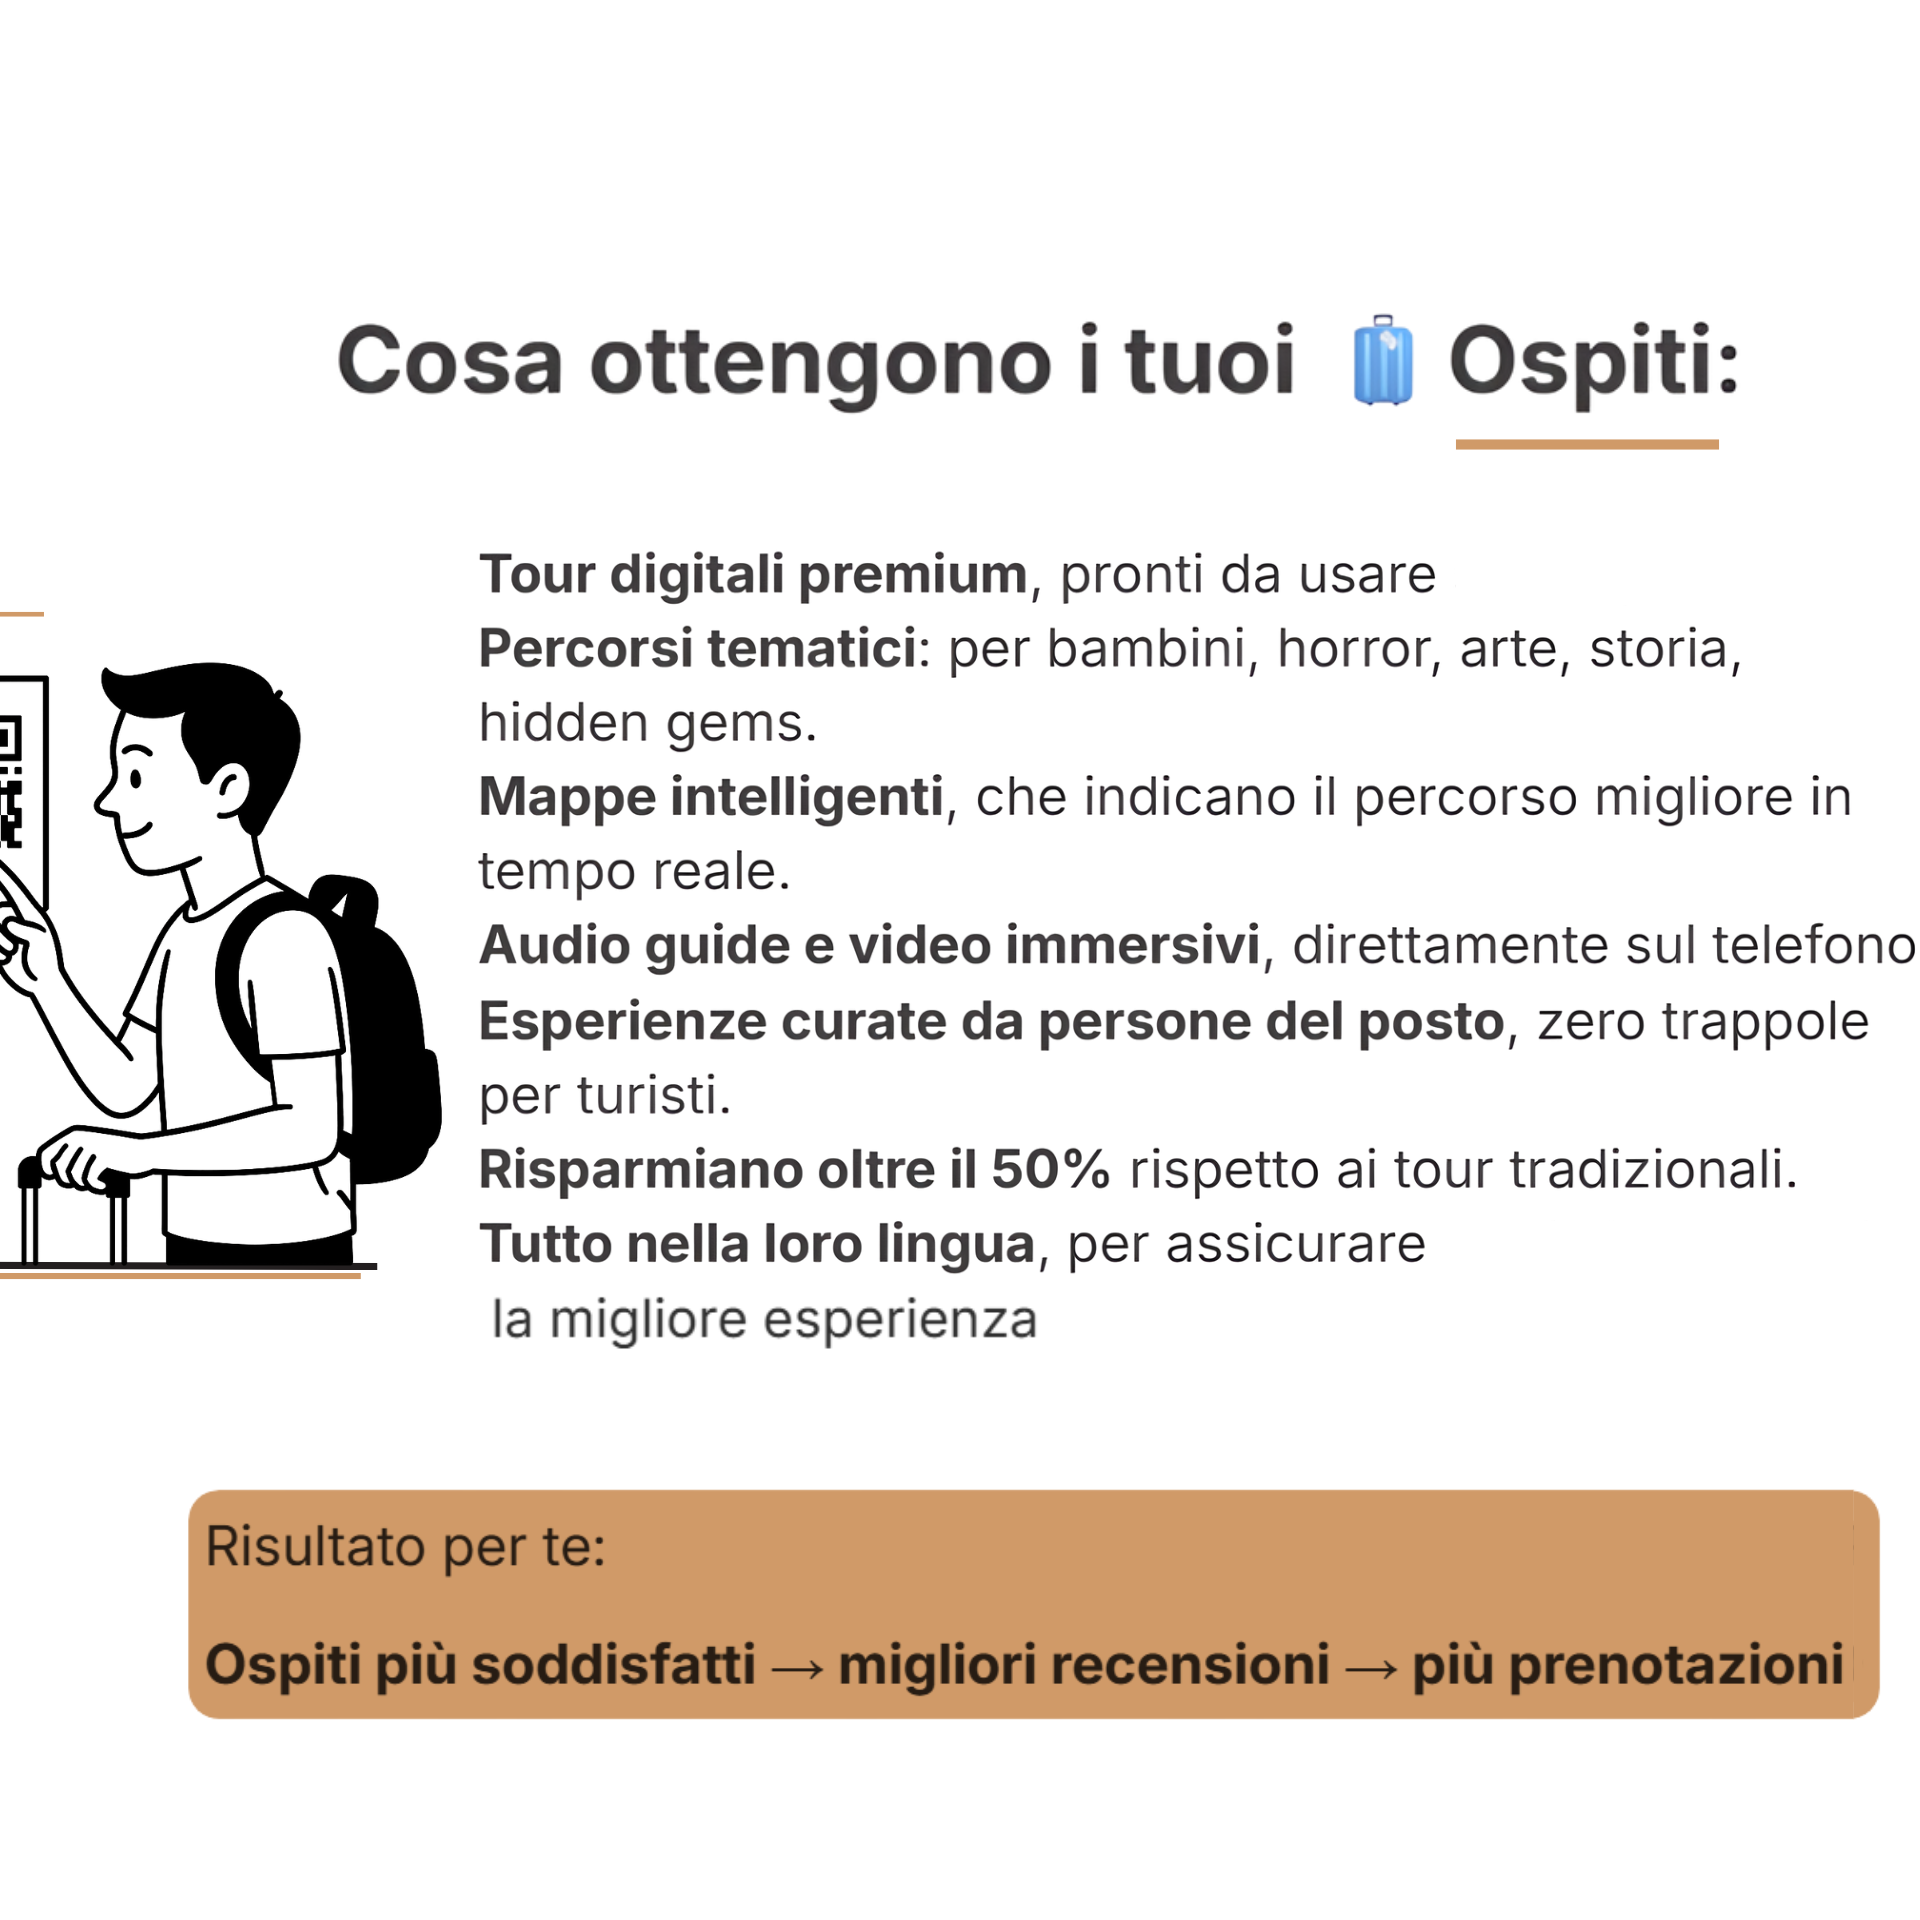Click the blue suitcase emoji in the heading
coord(1382,359)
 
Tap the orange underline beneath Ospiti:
coord(1587,444)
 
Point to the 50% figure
coord(1050,1168)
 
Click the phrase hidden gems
coord(647,724)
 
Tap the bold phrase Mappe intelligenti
coord(711,798)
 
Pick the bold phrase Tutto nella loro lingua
coord(757,1244)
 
